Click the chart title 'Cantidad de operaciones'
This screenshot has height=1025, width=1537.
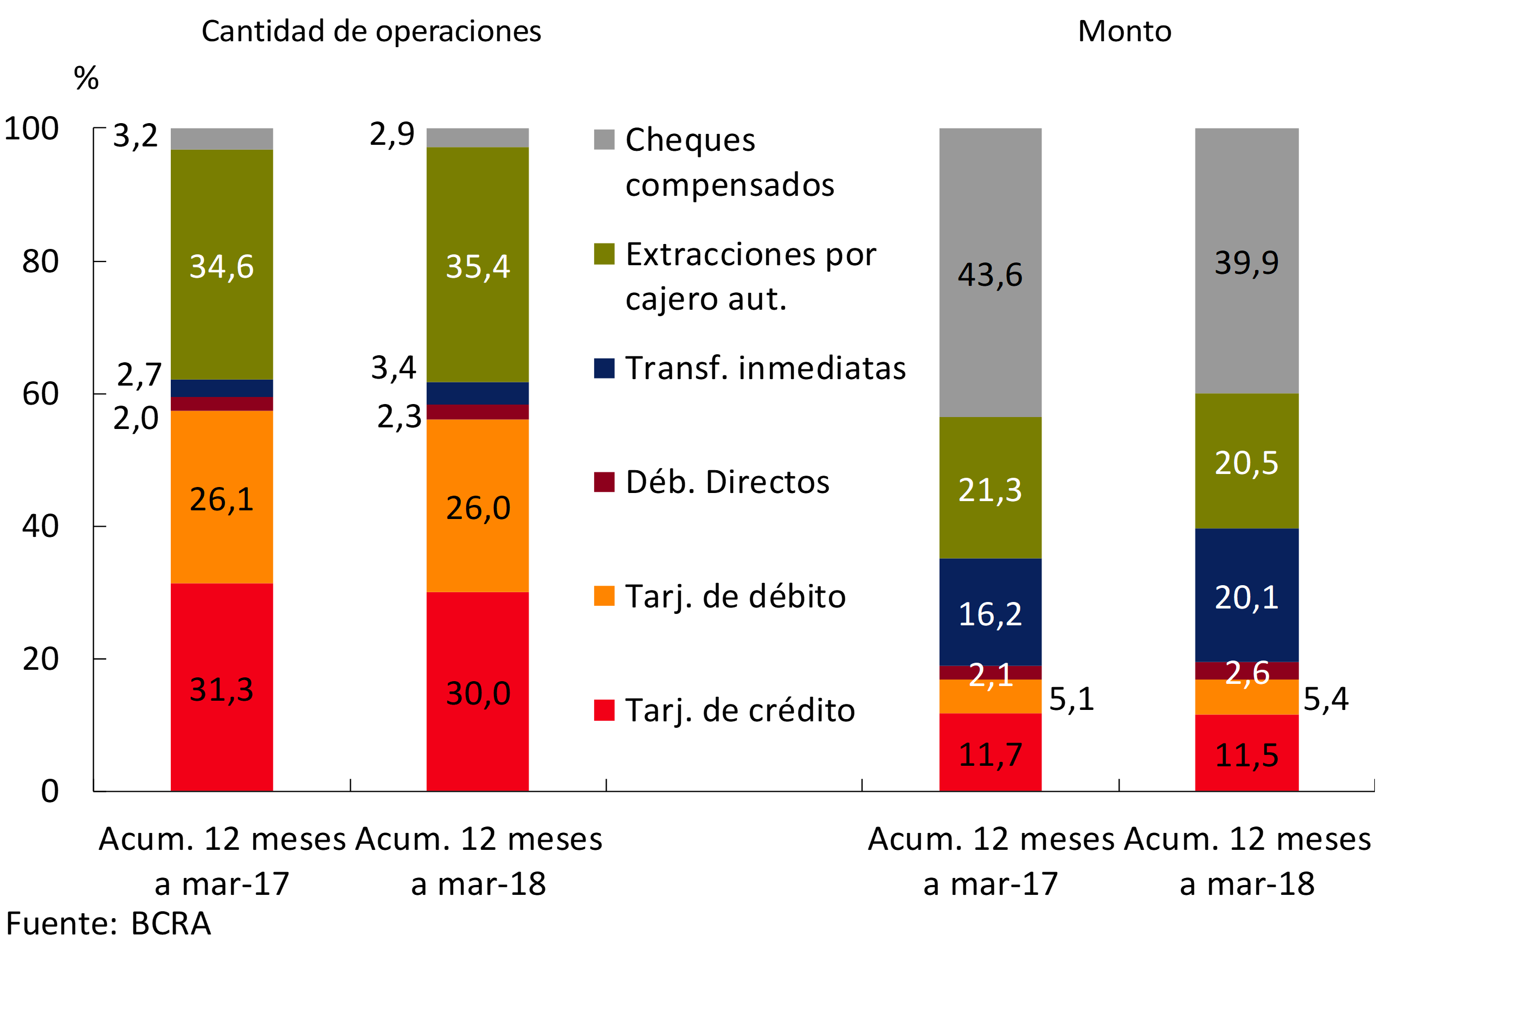point(371,31)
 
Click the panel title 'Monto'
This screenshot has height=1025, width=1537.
point(1124,31)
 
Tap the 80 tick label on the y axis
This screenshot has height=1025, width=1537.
point(41,261)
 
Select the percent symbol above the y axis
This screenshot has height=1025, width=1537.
point(86,79)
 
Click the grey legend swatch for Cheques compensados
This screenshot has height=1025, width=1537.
point(604,139)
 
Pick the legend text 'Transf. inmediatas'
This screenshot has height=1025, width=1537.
point(765,368)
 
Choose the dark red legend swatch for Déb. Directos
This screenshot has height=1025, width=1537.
point(604,482)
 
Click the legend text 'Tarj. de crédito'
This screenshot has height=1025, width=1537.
point(739,710)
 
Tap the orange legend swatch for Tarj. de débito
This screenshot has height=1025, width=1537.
point(604,596)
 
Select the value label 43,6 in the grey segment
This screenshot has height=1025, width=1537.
point(990,274)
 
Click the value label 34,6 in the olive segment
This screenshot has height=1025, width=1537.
point(222,267)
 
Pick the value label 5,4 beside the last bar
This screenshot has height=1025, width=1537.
point(1325,699)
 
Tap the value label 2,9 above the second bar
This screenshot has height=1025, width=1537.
point(392,134)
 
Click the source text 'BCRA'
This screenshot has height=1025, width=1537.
point(171,924)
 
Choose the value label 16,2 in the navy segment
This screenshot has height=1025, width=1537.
point(990,614)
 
